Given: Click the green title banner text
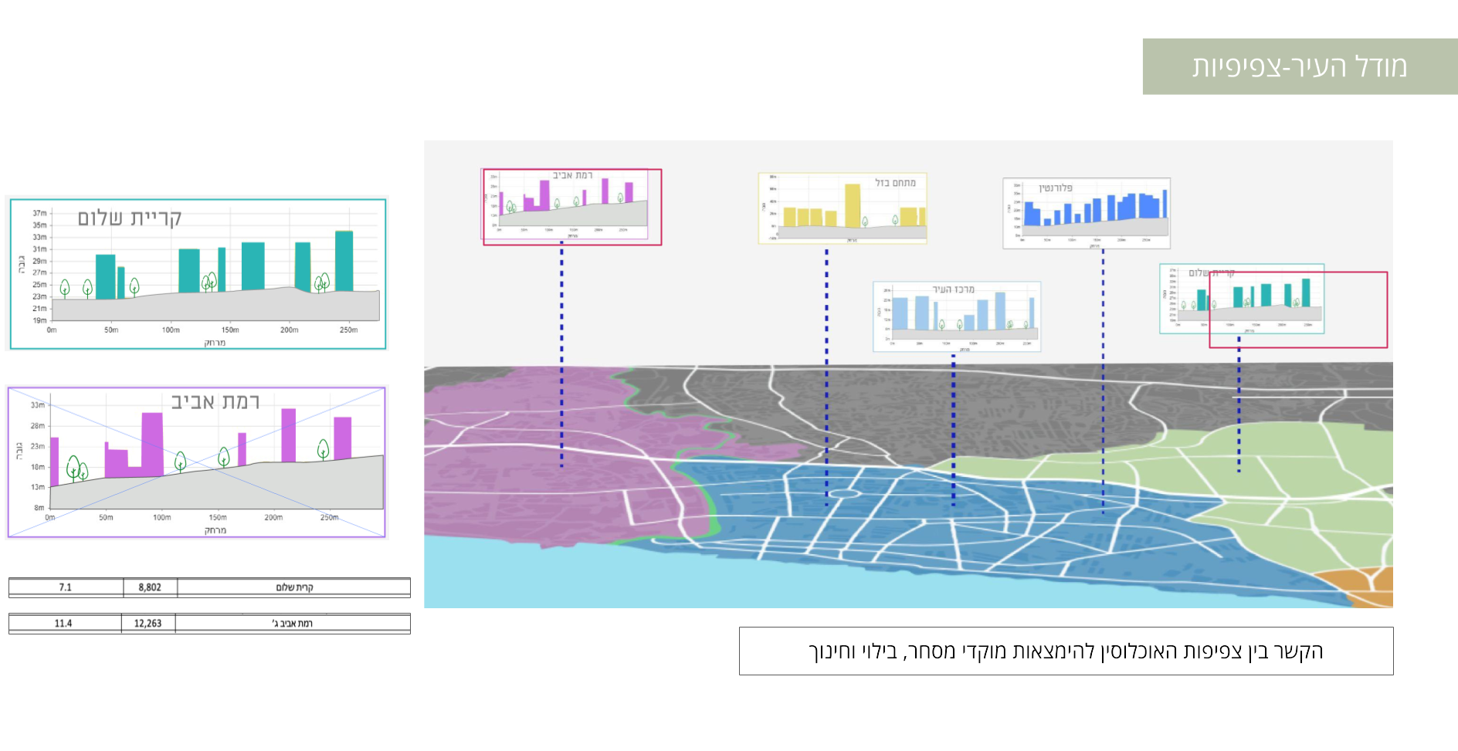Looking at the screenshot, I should click(1299, 66).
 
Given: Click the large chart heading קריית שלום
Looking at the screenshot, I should click(129, 218).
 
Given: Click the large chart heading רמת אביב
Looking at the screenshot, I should click(215, 402).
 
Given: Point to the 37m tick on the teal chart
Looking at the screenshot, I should click(39, 213).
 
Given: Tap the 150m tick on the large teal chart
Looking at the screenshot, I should click(229, 330).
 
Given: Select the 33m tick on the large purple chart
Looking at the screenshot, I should click(38, 405).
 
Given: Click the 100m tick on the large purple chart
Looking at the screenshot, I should click(161, 518).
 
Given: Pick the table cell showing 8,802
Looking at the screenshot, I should click(150, 587).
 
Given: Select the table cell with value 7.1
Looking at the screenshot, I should click(66, 587).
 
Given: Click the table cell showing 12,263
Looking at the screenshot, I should click(147, 624).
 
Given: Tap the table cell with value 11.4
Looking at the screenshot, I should click(63, 624).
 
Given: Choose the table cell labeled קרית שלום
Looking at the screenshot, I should click(294, 587).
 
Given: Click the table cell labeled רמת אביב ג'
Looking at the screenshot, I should click(293, 624).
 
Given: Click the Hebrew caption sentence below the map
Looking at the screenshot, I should click(1066, 651).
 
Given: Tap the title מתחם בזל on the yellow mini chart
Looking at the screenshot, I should click(895, 183).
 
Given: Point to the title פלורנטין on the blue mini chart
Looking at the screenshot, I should click(1056, 188).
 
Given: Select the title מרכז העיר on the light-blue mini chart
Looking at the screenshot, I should click(953, 289).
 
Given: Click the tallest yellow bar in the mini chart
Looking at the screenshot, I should click(852, 205).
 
